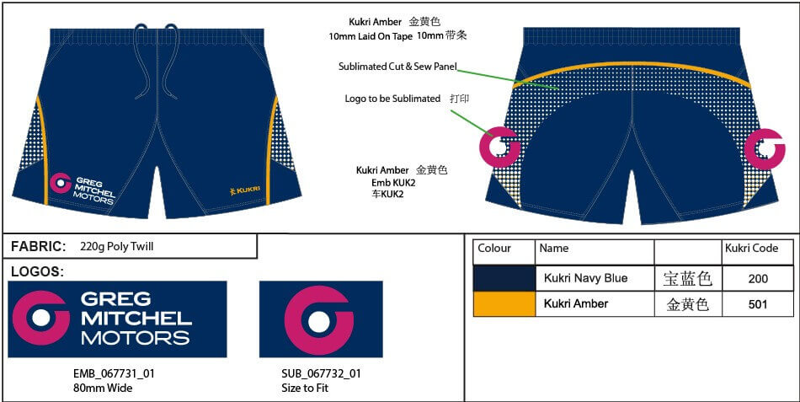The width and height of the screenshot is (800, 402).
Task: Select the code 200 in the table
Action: tap(757, 278)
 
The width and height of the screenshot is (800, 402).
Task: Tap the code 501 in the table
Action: tap(757, 304)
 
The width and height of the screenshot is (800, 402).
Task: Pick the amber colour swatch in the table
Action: tap(504, 304)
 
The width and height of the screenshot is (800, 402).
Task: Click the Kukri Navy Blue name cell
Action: tap(585, 278)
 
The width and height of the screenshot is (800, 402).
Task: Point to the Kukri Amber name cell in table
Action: tap(576, 304)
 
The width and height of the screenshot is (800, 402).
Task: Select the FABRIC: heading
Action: tap(39, 246)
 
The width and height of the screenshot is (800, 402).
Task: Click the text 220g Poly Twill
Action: tap(116, 247)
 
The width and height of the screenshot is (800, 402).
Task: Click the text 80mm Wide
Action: tap(103, 389)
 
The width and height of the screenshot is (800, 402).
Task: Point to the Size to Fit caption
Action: tap(305, 389)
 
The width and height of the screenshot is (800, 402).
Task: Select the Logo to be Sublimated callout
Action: tap(392, 99)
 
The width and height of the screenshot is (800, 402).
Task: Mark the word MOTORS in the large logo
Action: tap(135, 338)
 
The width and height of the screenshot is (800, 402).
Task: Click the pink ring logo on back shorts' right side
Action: tap(764, 148)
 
